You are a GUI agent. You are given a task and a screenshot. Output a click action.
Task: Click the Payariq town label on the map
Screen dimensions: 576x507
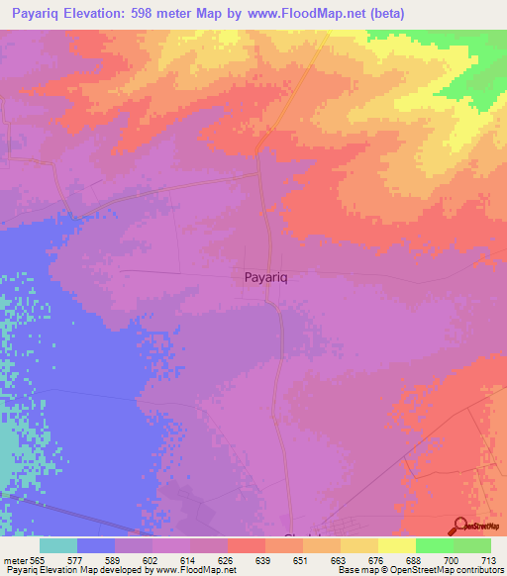266,279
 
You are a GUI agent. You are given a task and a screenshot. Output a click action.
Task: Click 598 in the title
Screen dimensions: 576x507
180,14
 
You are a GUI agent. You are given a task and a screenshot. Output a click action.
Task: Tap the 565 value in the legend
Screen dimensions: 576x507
34,561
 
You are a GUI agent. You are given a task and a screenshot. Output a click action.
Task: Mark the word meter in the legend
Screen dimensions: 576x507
13,561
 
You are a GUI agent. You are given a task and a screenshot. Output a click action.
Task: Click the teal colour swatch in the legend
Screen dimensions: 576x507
58,545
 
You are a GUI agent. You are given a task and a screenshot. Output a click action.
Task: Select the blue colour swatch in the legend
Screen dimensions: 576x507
96,545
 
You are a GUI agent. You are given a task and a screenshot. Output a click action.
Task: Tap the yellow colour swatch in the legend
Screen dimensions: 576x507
397,545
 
